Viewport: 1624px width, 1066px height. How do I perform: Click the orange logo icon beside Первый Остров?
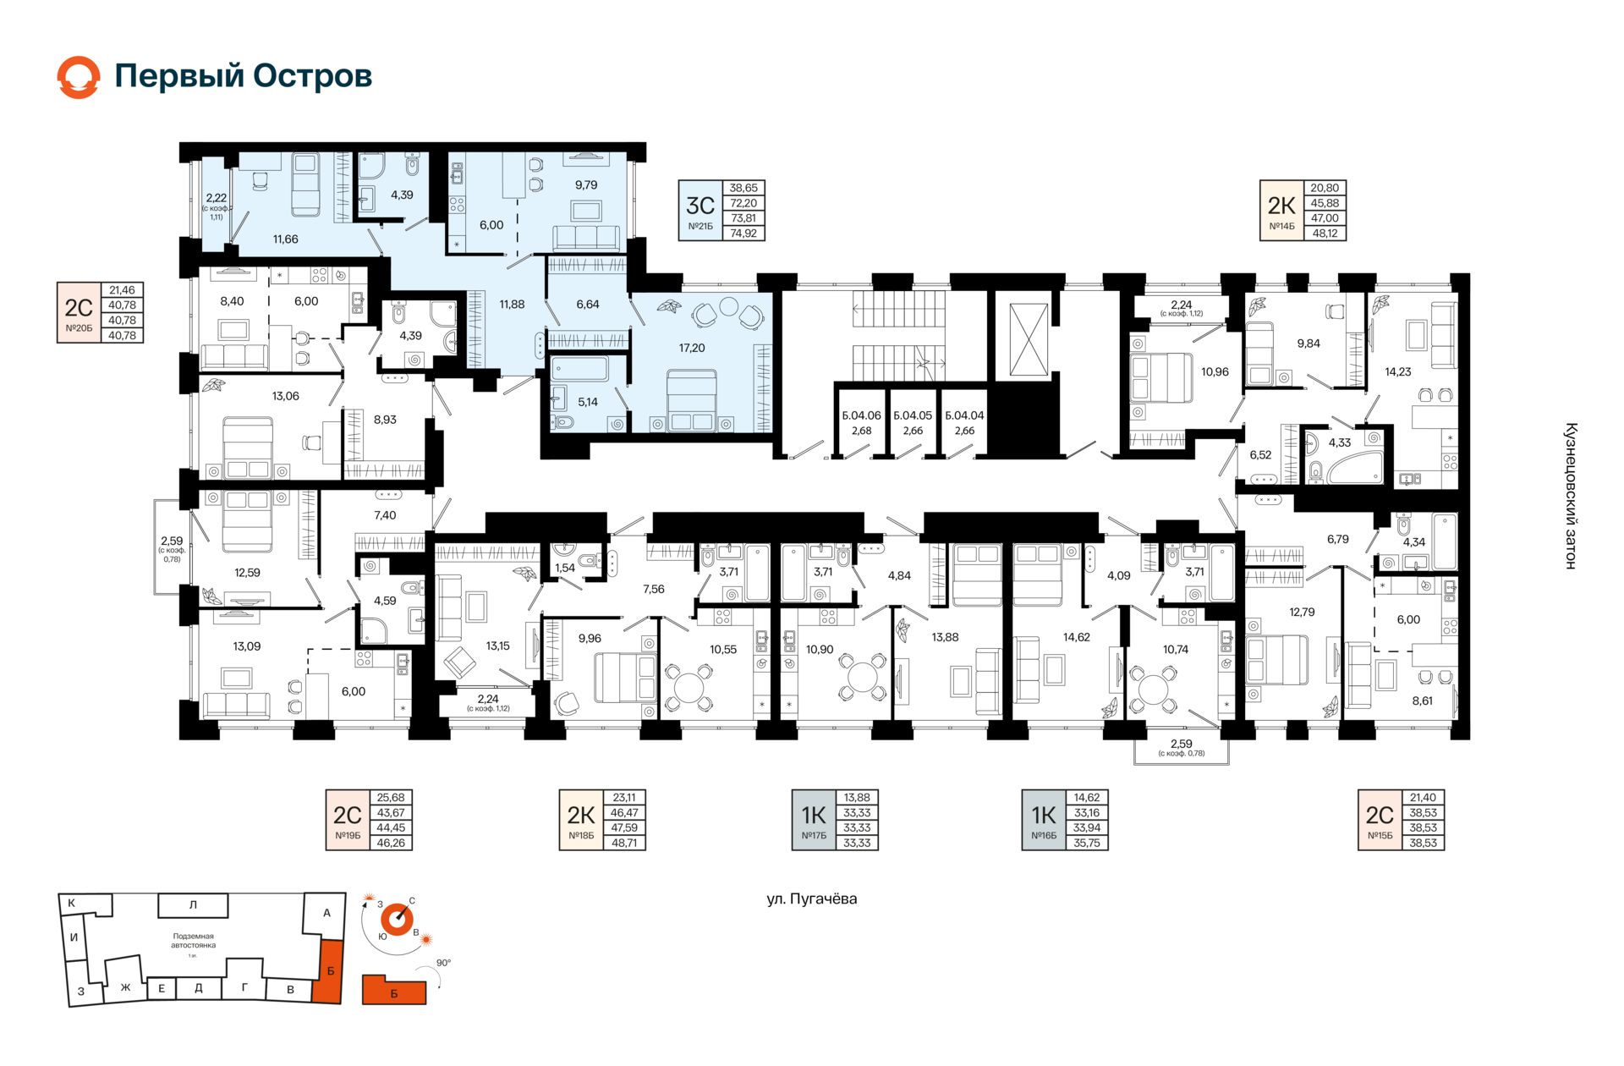[79, 77]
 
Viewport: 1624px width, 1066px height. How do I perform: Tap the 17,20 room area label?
[691, 348]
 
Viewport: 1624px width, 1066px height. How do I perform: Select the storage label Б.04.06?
[861, 415]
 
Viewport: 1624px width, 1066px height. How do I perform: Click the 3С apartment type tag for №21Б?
[700, 206]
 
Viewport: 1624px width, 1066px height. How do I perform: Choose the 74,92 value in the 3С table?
[743, 234]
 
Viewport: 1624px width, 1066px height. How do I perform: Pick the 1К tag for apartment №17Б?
[813, 815]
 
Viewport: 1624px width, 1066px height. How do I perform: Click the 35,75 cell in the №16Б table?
[1087, 843]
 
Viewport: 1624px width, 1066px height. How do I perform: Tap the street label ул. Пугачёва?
[811, 898]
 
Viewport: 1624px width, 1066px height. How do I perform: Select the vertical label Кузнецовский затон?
[1571, 496]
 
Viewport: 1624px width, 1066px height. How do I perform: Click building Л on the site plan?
[193, 905]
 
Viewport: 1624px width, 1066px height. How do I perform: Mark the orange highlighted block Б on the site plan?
[328, 970]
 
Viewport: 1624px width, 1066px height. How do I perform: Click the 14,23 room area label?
[1397, 371]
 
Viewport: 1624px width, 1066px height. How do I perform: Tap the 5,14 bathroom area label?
[587, 402]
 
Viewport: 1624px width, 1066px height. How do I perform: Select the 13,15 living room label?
[497, 646]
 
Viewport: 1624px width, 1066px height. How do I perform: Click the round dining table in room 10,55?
[691, 684]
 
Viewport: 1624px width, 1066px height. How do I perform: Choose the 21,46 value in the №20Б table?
[122, 290]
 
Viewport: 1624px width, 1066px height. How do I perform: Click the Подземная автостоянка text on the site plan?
[193, 941]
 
